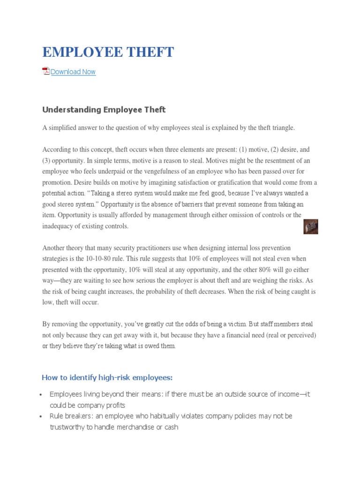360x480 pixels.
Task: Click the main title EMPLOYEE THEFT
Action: point(108,52)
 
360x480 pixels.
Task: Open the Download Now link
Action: point(73,72)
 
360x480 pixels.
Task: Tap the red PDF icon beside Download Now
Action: point(46,71)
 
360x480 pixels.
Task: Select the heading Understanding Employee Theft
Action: point(104,110)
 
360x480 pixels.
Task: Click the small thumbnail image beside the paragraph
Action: point(311,226)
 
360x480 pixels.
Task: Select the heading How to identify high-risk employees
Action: point(107,377)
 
